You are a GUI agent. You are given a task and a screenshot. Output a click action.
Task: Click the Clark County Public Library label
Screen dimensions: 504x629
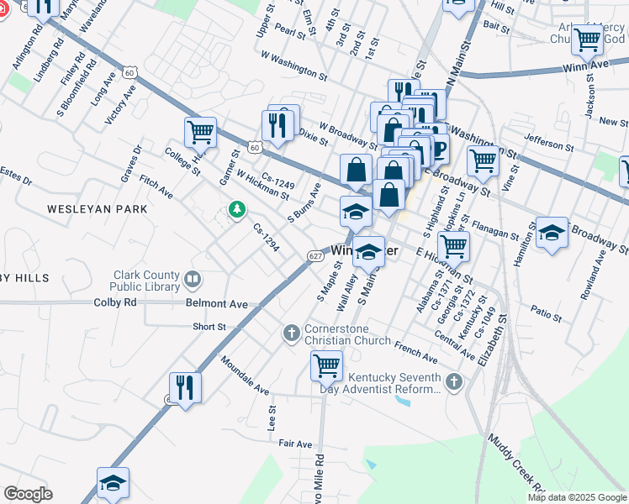[147, 283]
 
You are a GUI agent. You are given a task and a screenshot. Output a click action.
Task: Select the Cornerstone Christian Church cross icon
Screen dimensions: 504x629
[292, 333]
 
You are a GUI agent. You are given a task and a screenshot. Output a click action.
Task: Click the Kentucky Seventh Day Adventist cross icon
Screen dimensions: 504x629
[454, 382]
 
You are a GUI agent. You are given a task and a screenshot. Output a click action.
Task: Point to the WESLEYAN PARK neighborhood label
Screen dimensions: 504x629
[97, 208]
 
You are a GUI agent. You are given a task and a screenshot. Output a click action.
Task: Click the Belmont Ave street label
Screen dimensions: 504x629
[218, 303]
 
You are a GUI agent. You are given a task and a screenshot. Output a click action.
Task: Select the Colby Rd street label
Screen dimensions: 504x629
[115, 302]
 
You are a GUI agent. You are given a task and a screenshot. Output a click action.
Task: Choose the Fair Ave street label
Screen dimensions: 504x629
[295, 444]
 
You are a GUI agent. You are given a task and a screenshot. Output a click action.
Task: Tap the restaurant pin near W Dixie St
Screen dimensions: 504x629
[278, 125]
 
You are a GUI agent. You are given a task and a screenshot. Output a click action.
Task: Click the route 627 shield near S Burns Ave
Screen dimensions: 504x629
[315, 255]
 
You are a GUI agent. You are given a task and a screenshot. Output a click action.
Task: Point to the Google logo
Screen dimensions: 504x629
[28, 494]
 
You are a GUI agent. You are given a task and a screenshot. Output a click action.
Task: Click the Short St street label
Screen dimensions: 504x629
[209, 327]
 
